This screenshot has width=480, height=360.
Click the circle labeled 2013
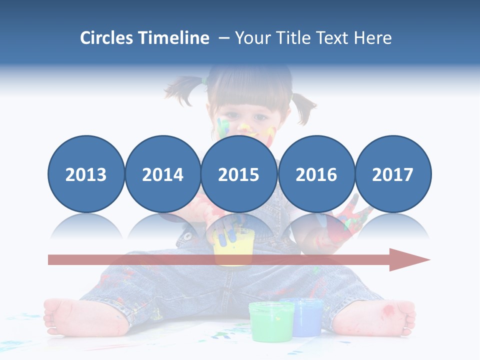[x=86, y=174]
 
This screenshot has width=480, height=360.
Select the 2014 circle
[x=162, y=174]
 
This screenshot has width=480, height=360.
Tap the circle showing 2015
[x=238, y=174]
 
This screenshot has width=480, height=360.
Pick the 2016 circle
[x=316, y=174]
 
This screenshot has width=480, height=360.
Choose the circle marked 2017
[x=392, y=174]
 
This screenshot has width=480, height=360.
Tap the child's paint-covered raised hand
[x=350, y=220]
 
